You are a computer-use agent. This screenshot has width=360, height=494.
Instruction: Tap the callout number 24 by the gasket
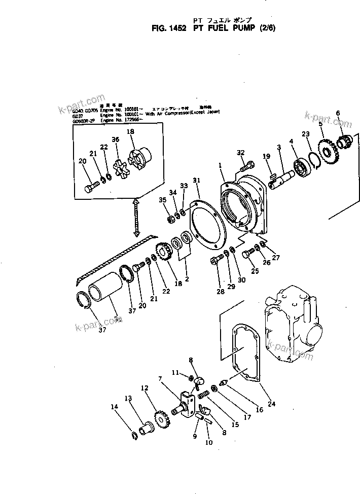(x=272, y=404)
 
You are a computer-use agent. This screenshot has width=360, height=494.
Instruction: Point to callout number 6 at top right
(x=338, y=113)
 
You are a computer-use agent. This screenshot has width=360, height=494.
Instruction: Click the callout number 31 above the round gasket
(x=196, y=180)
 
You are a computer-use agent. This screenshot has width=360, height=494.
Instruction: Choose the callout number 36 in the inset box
(x=116, y=140)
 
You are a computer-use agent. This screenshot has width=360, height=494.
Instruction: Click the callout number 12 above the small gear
(x=145, y=388)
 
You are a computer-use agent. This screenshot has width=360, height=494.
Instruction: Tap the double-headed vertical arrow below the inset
(x=136, y=218)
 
